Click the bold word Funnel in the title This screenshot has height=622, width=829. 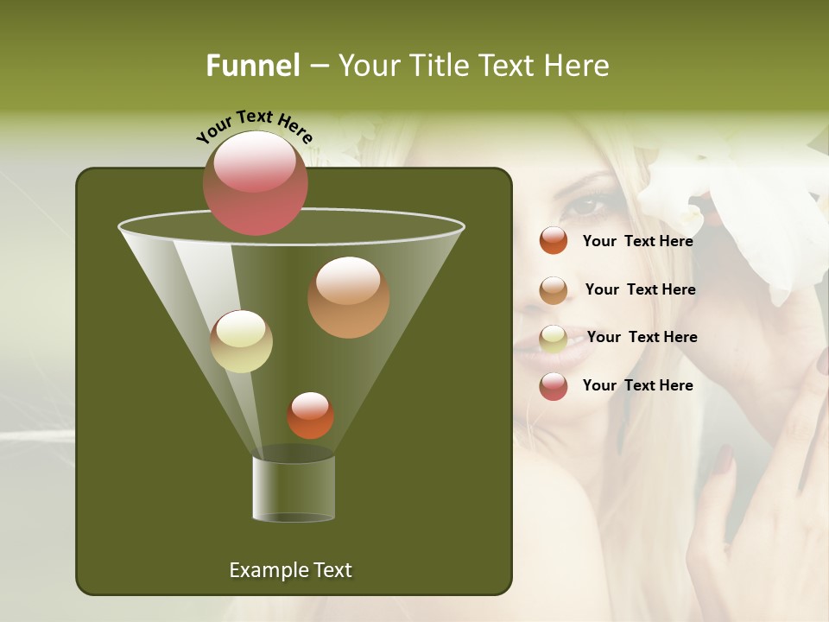coord(253,66)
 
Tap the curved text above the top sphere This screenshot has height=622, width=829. coord(255,126)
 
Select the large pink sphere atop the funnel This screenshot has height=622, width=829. coord(256,182)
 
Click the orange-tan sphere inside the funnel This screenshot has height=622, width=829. coord(349,297)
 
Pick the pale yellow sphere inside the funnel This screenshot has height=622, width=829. coord(242,341)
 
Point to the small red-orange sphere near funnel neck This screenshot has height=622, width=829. coord(310,416)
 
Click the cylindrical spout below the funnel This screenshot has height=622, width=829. coord(294,488)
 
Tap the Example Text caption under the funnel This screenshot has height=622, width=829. coord(290,570)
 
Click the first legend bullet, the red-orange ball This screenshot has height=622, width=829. coord(554,240)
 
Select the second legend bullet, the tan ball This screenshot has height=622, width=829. coord(554,290)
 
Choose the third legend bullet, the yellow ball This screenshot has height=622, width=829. coord(554,339)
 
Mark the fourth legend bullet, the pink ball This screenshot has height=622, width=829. coord(554,386)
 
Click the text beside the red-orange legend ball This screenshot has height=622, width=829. coord(637,241)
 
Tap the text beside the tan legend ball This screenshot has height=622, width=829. coord(640,289)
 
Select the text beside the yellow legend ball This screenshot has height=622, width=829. coord(642,337)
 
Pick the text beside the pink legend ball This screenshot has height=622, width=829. coord(637,385)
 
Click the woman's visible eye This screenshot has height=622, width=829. coord(587,206)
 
